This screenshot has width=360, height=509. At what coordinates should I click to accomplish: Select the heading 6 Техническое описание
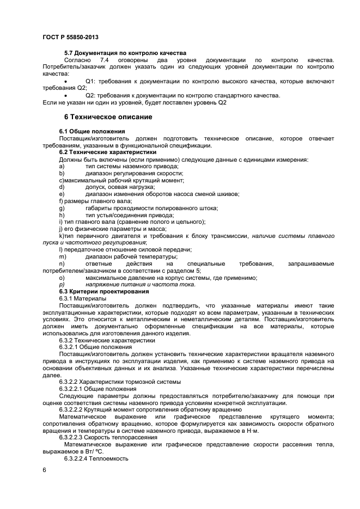pyautogui.click(x=108, y=117)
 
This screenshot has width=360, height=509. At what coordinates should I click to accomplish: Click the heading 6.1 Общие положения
pyautogui.click(x=92, y=131)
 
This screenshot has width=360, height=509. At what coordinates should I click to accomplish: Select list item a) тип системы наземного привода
pyautogui.click(x=124, y=166)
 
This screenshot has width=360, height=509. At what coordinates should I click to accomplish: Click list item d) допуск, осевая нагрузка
pyautogui.click(x=117, y=187)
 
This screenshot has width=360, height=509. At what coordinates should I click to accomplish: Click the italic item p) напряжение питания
pyautogui.click(x=139, y=284)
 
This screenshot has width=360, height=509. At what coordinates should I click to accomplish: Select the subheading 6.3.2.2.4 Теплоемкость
pyautogui.click(x=93, y=458)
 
